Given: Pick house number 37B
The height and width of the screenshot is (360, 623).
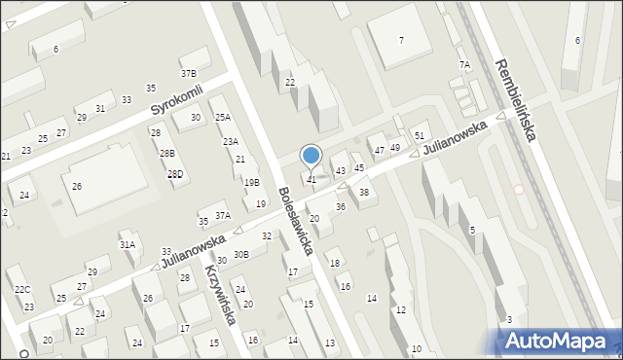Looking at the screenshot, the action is pos(188,73).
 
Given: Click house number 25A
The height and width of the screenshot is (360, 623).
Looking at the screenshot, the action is pos(223,117).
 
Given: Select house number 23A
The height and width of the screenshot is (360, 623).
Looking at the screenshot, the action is pos(231,141).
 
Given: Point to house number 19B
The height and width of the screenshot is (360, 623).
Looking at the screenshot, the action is pos(252,182).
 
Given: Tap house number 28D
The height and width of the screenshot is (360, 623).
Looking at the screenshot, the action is pos(175,174).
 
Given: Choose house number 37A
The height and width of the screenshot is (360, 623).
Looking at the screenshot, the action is pos(223,215).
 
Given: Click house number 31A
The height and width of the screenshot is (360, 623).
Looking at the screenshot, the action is pos(128,245).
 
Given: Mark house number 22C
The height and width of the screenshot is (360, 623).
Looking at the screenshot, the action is pos(22,289).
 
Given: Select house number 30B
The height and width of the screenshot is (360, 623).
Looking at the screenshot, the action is pos(240,254).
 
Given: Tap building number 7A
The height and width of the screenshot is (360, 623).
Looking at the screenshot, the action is pos(464,64).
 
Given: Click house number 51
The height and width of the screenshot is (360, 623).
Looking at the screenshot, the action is pos(420,135).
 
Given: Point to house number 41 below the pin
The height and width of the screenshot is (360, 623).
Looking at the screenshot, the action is pos(311,179).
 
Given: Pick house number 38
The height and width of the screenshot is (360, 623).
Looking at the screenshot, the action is pos(364,192).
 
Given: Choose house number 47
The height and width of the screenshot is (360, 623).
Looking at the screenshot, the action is pos(379,150).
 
